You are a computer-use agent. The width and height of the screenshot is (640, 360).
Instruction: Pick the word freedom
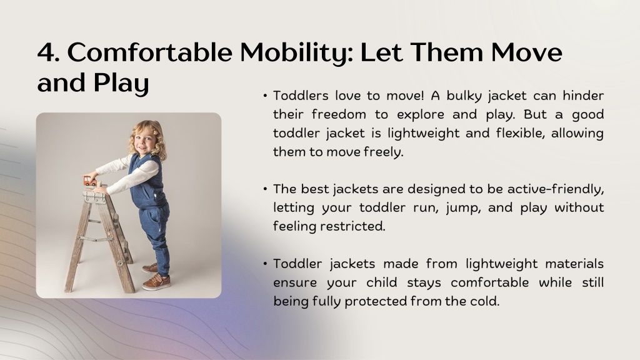click(339, 114)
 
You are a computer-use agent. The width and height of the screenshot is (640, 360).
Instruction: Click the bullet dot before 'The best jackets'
click(265, 189)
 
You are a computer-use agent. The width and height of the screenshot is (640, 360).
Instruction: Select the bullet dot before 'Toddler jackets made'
click(265, 264)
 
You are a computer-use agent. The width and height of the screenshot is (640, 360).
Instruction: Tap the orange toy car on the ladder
click(90, 181)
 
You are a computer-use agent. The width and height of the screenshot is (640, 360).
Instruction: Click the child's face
click(144, 141)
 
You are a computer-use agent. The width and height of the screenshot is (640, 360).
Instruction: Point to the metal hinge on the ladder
click(94, 197)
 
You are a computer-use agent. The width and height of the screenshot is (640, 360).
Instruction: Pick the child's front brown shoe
click(156, 282)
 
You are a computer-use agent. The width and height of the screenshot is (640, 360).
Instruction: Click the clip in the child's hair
click(155, 131)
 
